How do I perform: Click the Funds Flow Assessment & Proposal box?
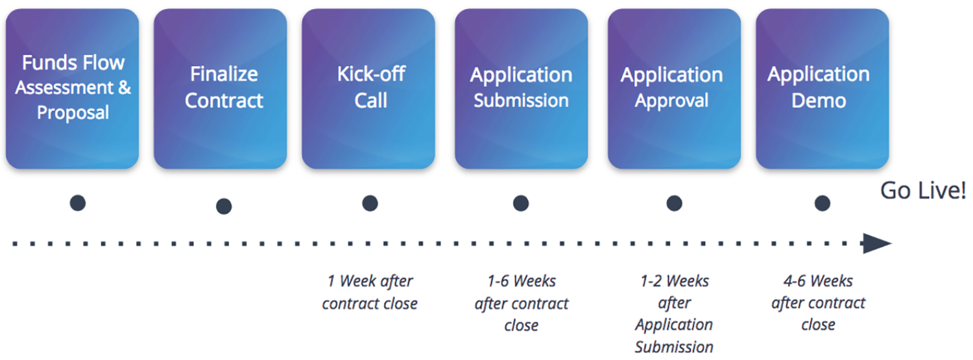pos(72,89)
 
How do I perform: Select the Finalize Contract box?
pos(221,89)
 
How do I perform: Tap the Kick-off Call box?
pos(368,89)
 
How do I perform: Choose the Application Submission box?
pos(522,89)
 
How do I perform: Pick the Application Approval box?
pos(674,89)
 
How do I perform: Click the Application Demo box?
pos(823,89)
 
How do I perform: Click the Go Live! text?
pos(923,191)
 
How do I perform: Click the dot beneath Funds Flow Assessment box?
pos(78,203)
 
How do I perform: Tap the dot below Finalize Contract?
pos(224,206)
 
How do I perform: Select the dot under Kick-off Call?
pos(370,203)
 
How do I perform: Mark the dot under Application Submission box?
pos(521,203)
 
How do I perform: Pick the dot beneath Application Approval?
pos(674,203)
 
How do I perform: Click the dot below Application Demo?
pos(823,203)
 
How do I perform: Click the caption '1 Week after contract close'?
pos(370,293)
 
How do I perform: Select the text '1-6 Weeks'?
pos(522,281)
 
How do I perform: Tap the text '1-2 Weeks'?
pos(674,281)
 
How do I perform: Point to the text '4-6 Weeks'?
pos(819,281)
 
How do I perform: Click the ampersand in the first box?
pos(125,88)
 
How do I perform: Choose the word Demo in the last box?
pos(819,101)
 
